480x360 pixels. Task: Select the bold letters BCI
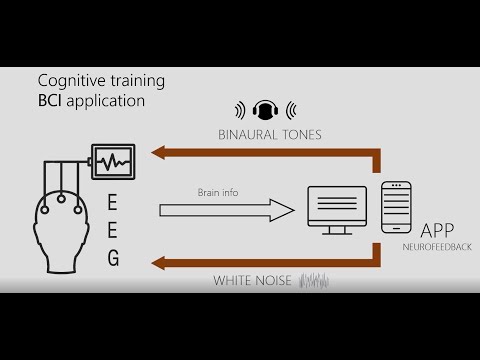[x=51, y=101]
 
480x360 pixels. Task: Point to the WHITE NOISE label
[x=252, y=281]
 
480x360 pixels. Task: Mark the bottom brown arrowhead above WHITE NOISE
[x=158, y=262]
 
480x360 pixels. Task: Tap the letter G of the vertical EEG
[x=113, y=259]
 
